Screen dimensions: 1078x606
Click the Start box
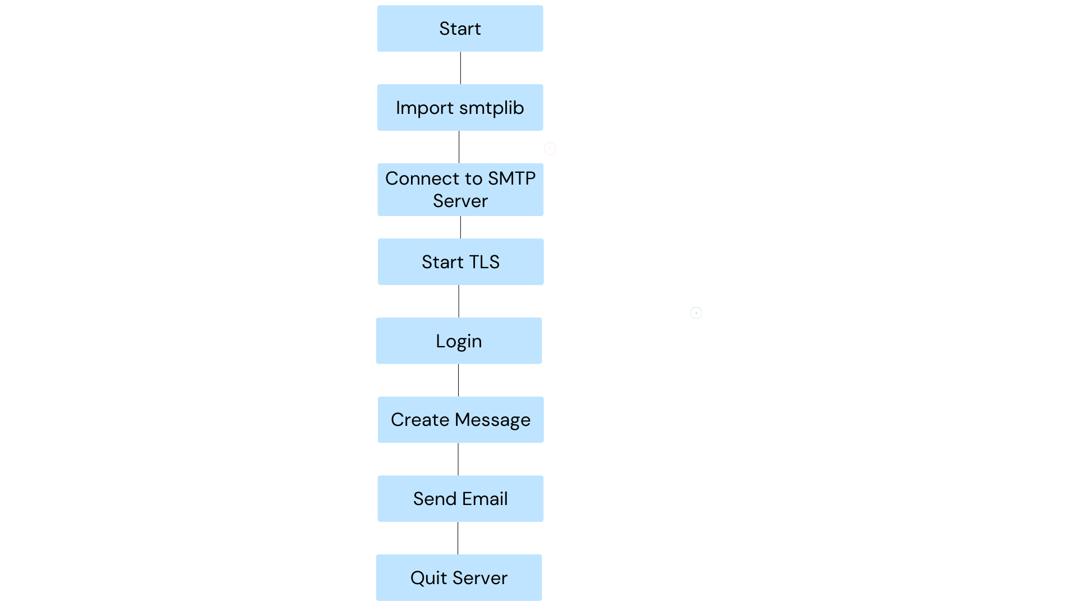point(460,29)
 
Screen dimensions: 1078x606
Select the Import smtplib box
point(460,107)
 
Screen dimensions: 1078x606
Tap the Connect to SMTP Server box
point(460,190)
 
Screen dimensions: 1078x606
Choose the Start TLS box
point(460,261)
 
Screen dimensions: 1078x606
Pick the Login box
point(459,341)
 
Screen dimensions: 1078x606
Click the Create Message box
point(460,420)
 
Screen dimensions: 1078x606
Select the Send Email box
point(460,499)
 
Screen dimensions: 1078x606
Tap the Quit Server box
point(459,577)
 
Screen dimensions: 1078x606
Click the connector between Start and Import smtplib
point(460,68)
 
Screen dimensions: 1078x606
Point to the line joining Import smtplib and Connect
point(459,147)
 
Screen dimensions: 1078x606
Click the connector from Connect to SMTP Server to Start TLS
point(460,227)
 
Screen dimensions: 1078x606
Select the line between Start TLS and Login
point(459,301)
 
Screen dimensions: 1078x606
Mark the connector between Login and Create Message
point(458,380)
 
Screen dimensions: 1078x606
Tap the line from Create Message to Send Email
point(458,459)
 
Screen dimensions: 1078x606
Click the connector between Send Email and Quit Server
point(458,538)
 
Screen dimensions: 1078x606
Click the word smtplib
point(491,108)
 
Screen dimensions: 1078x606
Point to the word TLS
point(484,262)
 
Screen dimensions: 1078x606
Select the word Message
point(492,420)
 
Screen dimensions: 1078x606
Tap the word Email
point(485,499)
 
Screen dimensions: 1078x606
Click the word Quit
point(428,578)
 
